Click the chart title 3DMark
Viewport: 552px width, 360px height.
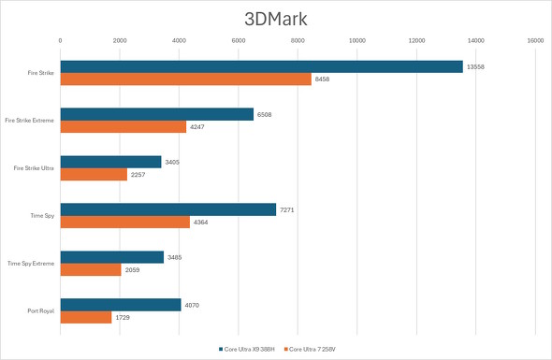[276, 18]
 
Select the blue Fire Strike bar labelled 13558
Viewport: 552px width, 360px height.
[261, 66]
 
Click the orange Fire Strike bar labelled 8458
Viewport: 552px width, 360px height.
[185, 79]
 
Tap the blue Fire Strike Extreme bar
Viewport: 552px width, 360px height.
[156, 114]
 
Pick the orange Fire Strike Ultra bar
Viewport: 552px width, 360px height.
[94, 174]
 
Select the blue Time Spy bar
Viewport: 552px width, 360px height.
[167, 209]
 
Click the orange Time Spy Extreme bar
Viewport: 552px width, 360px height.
[91, 269]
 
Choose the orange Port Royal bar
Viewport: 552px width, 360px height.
[86, 317]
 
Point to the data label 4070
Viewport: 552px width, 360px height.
[193, 304]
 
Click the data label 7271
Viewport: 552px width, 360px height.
[288, 209]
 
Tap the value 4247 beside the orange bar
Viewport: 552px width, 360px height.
[198, 127]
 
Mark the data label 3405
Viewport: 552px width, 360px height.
[173, 162]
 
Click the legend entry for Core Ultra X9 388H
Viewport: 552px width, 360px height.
[251, 349]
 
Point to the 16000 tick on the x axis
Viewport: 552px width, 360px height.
[534, 40]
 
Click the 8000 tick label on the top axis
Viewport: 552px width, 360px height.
[298, 40]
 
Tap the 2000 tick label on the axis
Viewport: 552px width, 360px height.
[120, 40]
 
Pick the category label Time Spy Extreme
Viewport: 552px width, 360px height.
[31, 263]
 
